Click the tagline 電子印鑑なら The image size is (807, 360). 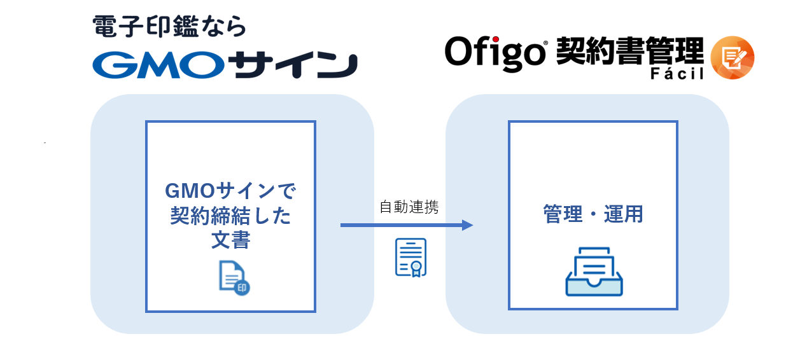pyautogui.click(x=169, y=26)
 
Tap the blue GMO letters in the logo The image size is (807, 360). pyautogui.click(x=158, y=65)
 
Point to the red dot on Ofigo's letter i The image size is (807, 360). pyautogui.click(x=496, y=39)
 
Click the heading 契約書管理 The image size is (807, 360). pyautogui.click(x=630, y=51)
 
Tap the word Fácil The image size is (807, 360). pyautogui.click(x=677, y=73)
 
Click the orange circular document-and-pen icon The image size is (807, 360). pyautogui.click(x=732, y=58)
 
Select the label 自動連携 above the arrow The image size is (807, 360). pyautogui.click(x=409, y=207)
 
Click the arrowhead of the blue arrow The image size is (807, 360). pyautogui.click(x=468, y=225)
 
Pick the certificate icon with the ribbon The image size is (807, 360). pyautogui.click(x=411, y=258)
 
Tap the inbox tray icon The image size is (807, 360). pyautogui.click(x=594, y=272)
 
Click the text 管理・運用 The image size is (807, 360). pyautogui.click(x=593, y=214)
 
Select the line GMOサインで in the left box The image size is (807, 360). pyautogui.click(x=230, y=191)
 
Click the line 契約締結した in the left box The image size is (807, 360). pyautogui.click(x=230, y=216)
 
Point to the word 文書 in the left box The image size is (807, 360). pyautogui.click(x=230, y=240)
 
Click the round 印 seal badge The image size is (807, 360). pyautogui.click(x=242, y=287)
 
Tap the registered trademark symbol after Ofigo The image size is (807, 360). pyautogui.click(x=545, y=43)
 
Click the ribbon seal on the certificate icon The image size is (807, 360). pyautogui.click(x=416, y=268)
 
